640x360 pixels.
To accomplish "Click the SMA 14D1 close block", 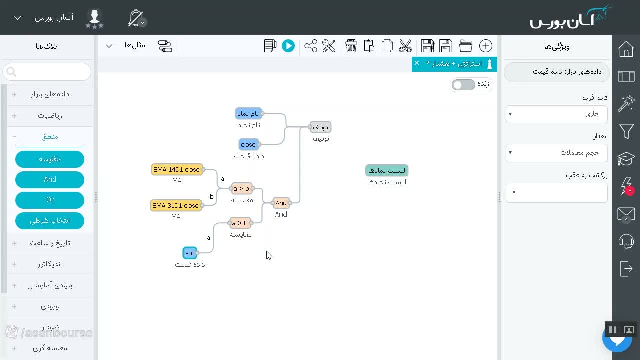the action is pyautogui.click(x=177, y=169).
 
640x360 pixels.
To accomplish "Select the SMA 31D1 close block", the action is pyautogui.click(x=175, y=205).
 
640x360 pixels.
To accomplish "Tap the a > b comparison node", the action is pyautogui.click(x=241, y=188).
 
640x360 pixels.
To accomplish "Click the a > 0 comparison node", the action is pyautogui.click(x=240, y=223).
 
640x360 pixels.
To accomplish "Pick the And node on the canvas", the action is pyautogui.click(x=281, y=203).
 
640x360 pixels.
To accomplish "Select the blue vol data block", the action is pyautogui.click(x=189, y=253).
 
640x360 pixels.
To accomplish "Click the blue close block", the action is pyautogui.click(x=248, y=145).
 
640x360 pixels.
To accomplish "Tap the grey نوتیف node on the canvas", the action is pyautogui.click(x=320, y=127).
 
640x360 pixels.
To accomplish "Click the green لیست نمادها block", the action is pyautogui.click(x=387, y=171).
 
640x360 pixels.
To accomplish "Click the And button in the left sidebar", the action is pyautogui.click(x=50, y=179).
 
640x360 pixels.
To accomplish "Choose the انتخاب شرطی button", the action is pyautogui.click(x=50, y=221).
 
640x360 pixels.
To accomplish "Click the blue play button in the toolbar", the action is pyautogui.click(x=288, y=46).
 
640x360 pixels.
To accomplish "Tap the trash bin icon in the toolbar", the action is pyautogui.click(x=351, y=46).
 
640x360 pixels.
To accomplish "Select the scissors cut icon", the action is pyautogui.click(x=405, y=46).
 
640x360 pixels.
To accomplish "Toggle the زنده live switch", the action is pyautogui.click(x=463, y=85).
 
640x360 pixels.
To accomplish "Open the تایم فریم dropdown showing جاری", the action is pyautogui.click(x=556, y=114).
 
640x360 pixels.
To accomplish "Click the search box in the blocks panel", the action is pyautogui.click(x=47, y=72).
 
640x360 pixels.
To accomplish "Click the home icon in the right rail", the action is pyautogui.click(x=626, y=49).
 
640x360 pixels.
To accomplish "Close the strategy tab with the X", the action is pyautogui.click(x=417, y=63).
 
